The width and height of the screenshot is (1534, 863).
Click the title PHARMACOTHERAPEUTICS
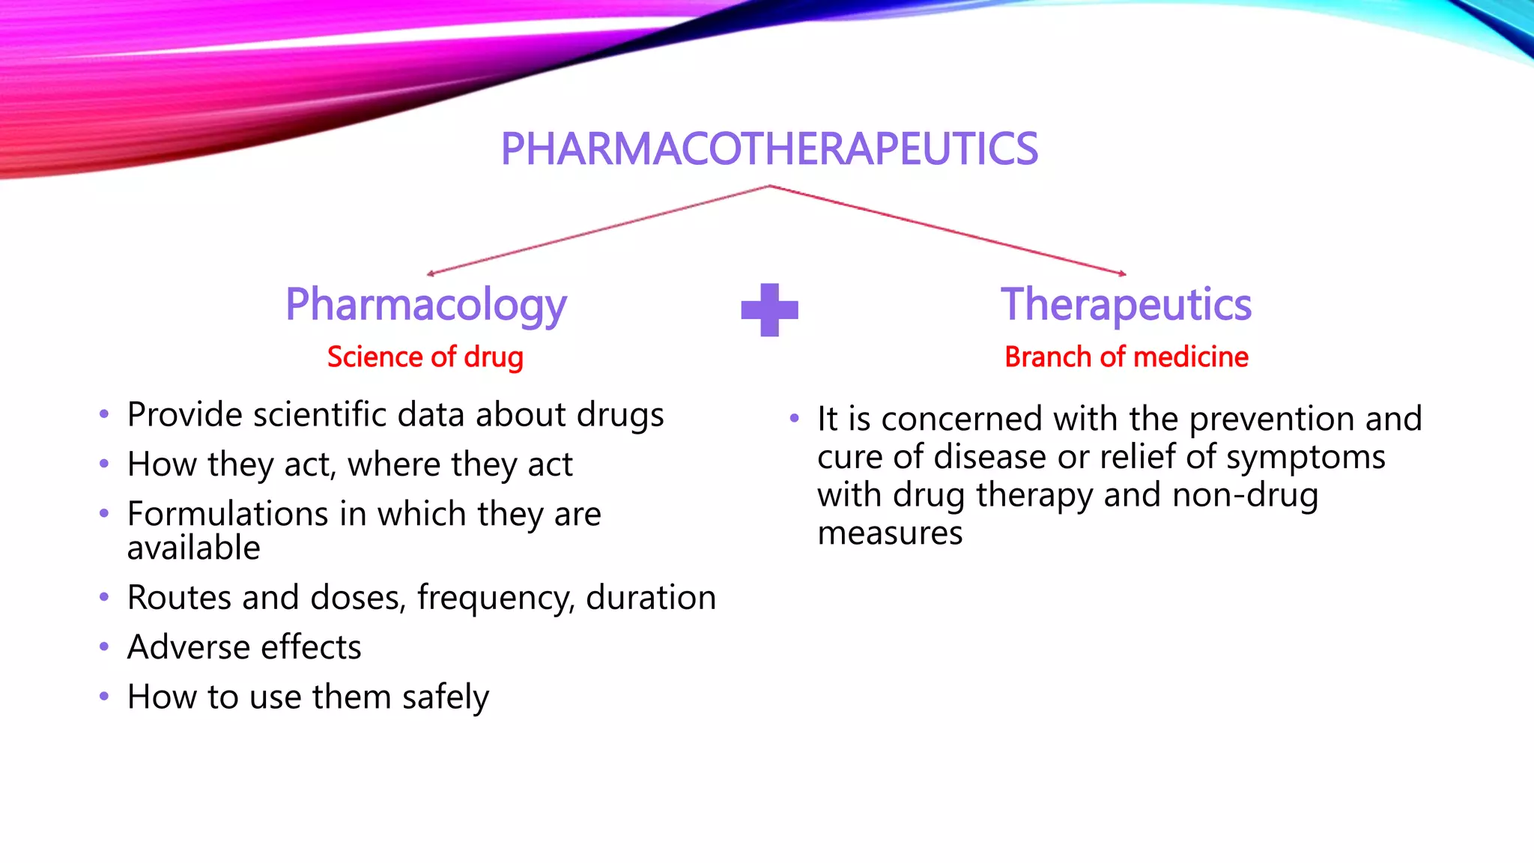point(769,148)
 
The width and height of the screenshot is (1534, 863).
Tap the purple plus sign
point(769,309)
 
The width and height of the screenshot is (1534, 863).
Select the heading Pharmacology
point(425,306)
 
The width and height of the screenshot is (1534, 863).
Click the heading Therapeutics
point(1126,305)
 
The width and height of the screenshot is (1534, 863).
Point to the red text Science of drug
point(425,357)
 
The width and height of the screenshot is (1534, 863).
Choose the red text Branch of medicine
point(1126,357)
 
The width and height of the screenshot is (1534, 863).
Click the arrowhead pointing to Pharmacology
point(430,273)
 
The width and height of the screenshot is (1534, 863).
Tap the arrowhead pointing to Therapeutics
point(1122,273)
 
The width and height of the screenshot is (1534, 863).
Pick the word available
point(193,548)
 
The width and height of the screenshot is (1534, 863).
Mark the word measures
point(890,533)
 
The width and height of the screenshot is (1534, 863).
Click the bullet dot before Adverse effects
point(104,647)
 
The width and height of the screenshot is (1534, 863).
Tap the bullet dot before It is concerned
point(794,418)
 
